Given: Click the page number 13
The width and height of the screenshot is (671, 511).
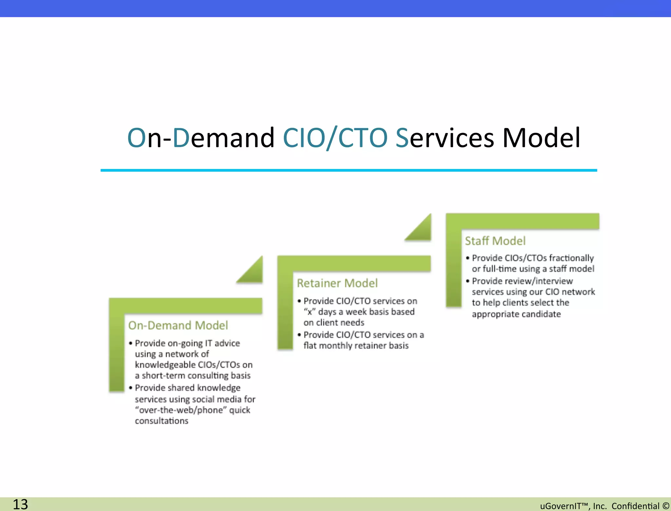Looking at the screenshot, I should pos(20,504).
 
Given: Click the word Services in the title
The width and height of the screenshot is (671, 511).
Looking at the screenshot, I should pos(445,138).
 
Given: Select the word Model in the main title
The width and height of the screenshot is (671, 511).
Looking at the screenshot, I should pos(541,138).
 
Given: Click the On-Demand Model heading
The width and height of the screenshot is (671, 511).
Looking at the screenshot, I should pos(178,325).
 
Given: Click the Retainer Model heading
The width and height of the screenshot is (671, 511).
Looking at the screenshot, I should pos(337,283).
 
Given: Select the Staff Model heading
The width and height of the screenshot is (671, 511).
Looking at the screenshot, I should pos(495,241).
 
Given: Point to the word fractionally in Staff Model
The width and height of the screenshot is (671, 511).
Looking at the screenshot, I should pos(571,258).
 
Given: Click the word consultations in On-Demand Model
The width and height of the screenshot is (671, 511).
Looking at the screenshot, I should pos(162,421).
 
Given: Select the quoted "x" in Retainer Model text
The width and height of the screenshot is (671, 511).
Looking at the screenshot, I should pos(309,312).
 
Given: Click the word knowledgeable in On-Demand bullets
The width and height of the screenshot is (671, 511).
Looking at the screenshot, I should pos(165,365).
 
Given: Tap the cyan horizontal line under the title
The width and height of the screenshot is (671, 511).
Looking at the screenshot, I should pos(349,170).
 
